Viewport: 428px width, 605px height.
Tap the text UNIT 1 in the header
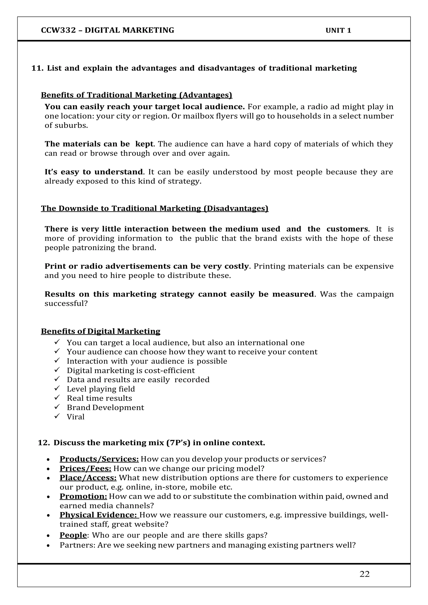point(338,31)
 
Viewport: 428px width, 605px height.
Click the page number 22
point(364,574)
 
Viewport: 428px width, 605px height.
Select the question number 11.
point(37,68)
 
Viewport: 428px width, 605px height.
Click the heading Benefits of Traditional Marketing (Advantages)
point(136,95)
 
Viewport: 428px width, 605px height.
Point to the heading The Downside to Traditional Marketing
point(154,208)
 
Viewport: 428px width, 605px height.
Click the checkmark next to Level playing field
point(57,388)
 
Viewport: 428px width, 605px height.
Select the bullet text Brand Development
point(105,407)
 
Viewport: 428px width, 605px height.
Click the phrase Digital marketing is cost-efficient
point(131,370)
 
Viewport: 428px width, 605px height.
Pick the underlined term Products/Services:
point(99,459)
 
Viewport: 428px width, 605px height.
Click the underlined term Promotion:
point(83,496)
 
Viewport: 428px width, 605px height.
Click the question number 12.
point(43,443)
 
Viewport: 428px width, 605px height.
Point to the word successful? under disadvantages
point(66,304)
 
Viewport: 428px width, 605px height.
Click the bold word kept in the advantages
point(144,144)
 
